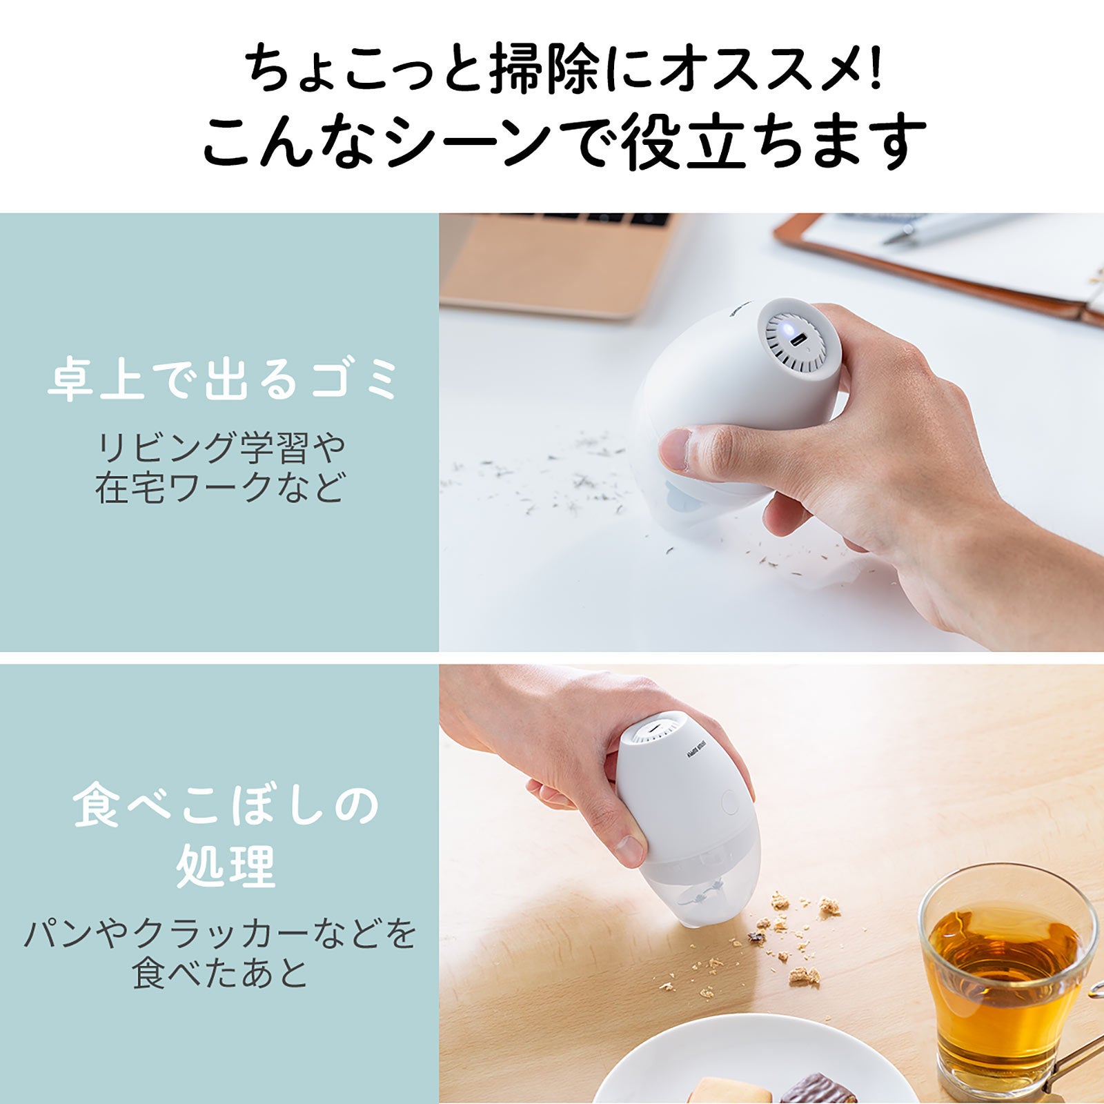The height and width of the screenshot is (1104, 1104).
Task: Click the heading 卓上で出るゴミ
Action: point(223,379)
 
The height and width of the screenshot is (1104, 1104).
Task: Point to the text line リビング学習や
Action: point(221,448)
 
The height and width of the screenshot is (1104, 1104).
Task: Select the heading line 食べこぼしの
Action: point(226,805)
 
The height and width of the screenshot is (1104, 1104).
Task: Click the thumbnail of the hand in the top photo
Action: point(677,449)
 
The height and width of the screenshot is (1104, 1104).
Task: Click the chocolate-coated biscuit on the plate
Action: point(818,1090)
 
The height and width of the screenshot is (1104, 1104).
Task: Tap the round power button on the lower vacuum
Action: point(729,802)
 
